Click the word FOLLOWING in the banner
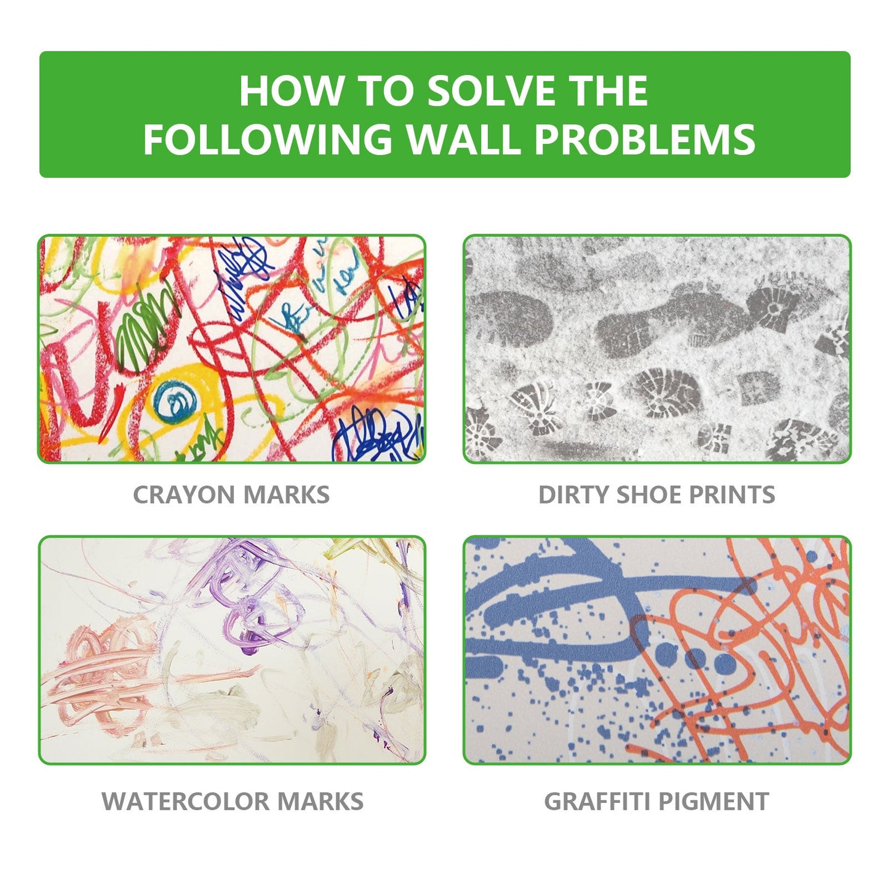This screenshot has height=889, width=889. point(268,139)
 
